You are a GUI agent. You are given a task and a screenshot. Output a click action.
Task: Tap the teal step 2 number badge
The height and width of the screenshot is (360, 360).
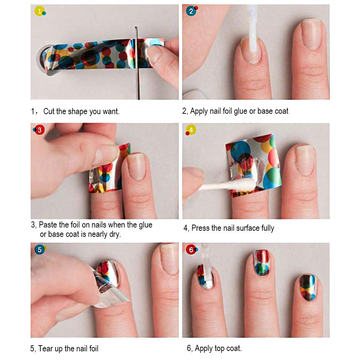(191, 11)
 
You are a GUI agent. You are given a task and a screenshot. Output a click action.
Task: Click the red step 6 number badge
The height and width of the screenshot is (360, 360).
(191, 249)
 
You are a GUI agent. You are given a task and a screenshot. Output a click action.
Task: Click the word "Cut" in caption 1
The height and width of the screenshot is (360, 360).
(49, 111)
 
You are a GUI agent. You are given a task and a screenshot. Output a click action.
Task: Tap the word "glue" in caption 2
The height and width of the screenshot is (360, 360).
(240, 111)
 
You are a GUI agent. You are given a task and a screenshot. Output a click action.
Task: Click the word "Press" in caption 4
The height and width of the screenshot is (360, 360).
(200, 228)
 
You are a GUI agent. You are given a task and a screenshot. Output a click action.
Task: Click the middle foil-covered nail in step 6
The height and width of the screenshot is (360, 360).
(261, 263)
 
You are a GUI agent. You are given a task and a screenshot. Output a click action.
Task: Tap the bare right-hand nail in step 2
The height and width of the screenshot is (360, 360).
(312, 34)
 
